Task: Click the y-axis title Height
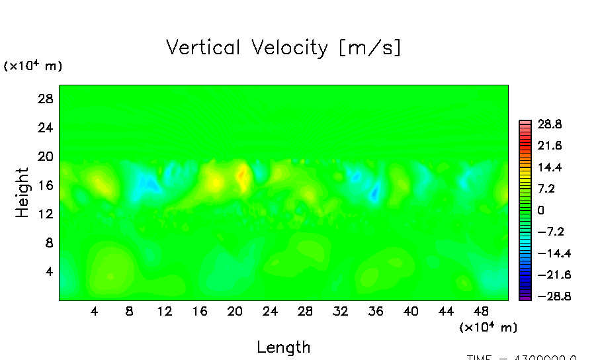pyautogui.click(x=22, y=193)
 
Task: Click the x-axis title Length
pyautogui.click(x=283, y=347)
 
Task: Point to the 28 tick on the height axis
pyautogui.click(x=45, y=99)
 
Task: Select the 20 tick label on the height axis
pyautogui.click(x=45, y=157)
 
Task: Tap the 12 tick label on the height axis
pyautogui.click(x=45, y=214)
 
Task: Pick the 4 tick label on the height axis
pyautogui.click(x=48, y=272)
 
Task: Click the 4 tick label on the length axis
pyautogui.click(x=95, y=311)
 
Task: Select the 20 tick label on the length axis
pyautogui.click(x=234, y=311)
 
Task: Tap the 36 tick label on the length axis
pyautogui.click(x=375, y=311)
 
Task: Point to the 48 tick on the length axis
pyautogui.click(x=481, y=311)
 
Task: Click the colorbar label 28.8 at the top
pyautogui.click(x=548, y=124)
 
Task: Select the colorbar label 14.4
pyautogui.click(x=548, y=167)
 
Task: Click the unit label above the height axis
pyautogui.click(x=33, y=66)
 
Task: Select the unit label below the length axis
pyautogui.click(x=488, y=328)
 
